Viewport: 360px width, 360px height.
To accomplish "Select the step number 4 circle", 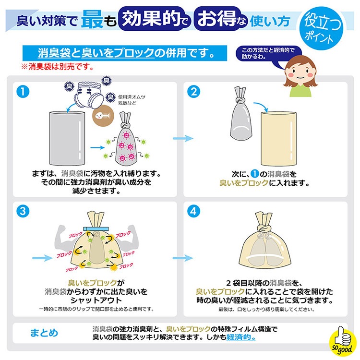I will click(x=192, y=211).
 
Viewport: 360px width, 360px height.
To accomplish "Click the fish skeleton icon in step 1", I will click(x=102, y=117).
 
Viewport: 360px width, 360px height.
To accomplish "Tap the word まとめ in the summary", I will click(x=44, y=332).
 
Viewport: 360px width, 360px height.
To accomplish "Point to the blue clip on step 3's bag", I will click(x=96, y=228).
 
